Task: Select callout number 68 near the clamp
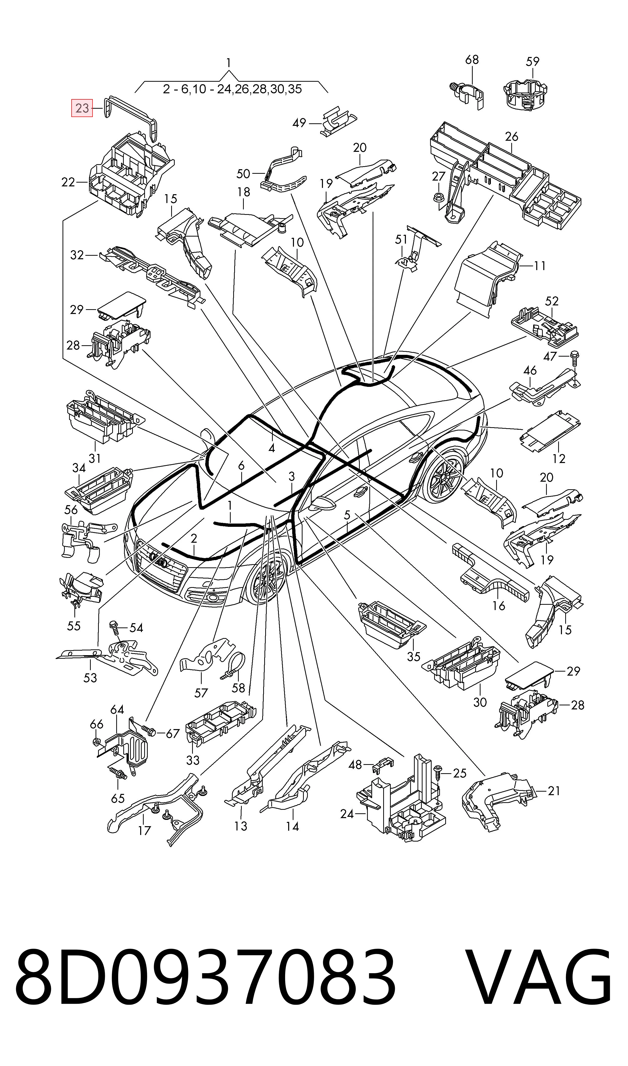tap(472, 60)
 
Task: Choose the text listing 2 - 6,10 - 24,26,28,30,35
tap(232, 89)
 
